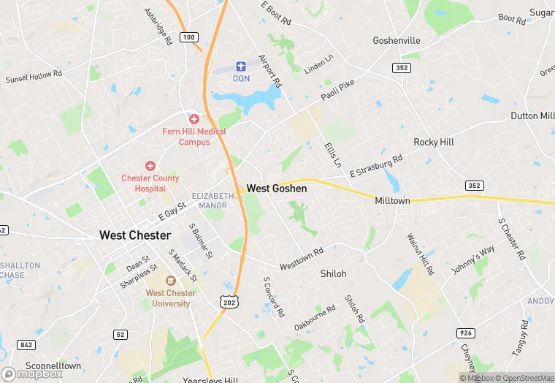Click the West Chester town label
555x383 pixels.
pos(135,235)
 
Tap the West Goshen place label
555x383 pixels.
pos(276,189)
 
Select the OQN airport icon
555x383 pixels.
pos(241,67)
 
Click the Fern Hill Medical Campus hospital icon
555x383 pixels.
pos(194,118)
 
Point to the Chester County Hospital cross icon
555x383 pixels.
pos(150,166)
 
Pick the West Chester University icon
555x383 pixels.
pos(170,281)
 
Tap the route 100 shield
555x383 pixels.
pos(189,37)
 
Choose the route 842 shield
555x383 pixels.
pos(26,345)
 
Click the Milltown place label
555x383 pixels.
pos(392,200)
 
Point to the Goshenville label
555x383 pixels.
pos(396,41)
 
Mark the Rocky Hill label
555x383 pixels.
pos(434,142)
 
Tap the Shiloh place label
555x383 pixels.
pos(333,273)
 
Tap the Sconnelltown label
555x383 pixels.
pos(53,365)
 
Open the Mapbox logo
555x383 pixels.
pos(33,373)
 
